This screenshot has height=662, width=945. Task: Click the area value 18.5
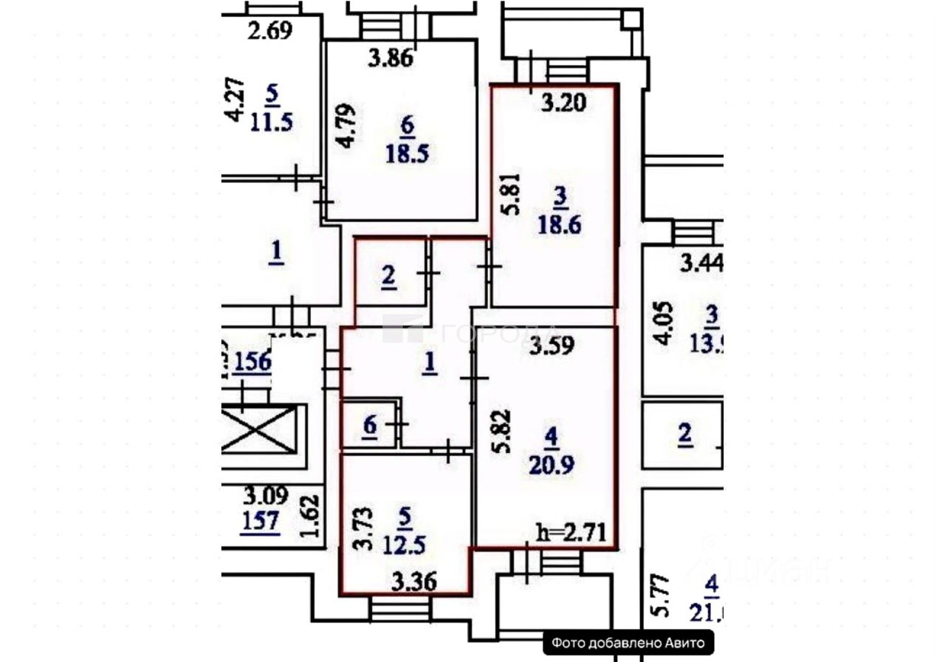[407, 154]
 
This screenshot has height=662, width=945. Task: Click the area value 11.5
[272, 120]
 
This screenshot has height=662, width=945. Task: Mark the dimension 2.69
[269, 31]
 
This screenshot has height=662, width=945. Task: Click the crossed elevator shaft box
[259, 430]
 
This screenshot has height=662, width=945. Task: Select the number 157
[261, 522]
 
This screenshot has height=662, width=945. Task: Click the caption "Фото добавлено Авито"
[628, 643]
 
